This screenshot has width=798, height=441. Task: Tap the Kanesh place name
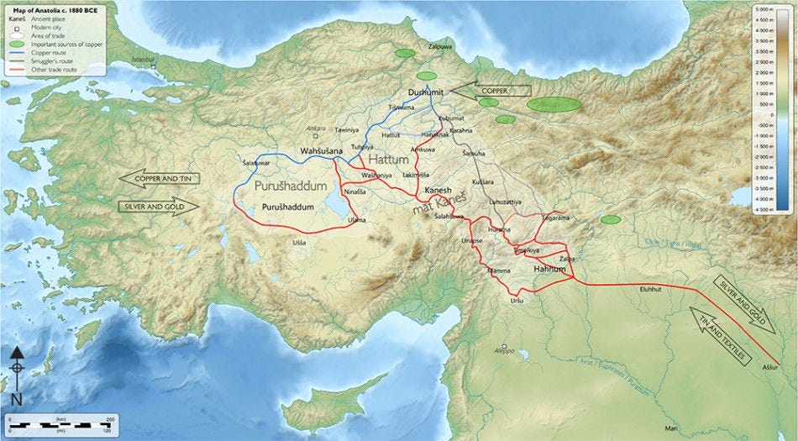tap(438, 190)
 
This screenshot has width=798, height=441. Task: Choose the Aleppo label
tap(504, 353)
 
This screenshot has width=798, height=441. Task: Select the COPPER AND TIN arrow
tap(160, 178)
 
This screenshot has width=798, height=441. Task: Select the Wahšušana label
tap(322, 150)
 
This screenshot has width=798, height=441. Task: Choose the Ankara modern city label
tap(316, 129)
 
